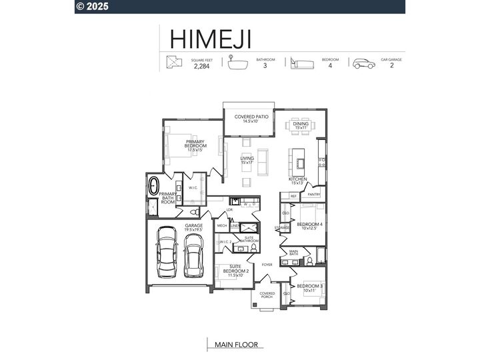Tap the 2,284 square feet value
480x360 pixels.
click(201, 66)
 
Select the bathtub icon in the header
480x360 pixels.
click(235, 63)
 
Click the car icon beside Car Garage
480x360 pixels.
click(364, 63)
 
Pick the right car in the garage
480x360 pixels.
click(193, 257)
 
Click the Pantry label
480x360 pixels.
click(313, 195)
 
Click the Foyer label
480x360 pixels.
click(267, 265)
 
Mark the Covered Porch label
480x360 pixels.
click(267, 295)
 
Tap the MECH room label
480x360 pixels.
click(222, 226)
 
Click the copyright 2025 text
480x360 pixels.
click(94, 7)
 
